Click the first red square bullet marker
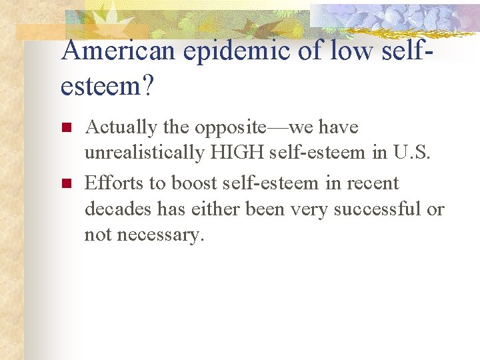(x=65, y=127)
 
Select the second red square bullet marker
(x=65, y=183)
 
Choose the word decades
(x=111, y=209)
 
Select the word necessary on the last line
(x=161, y=235)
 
